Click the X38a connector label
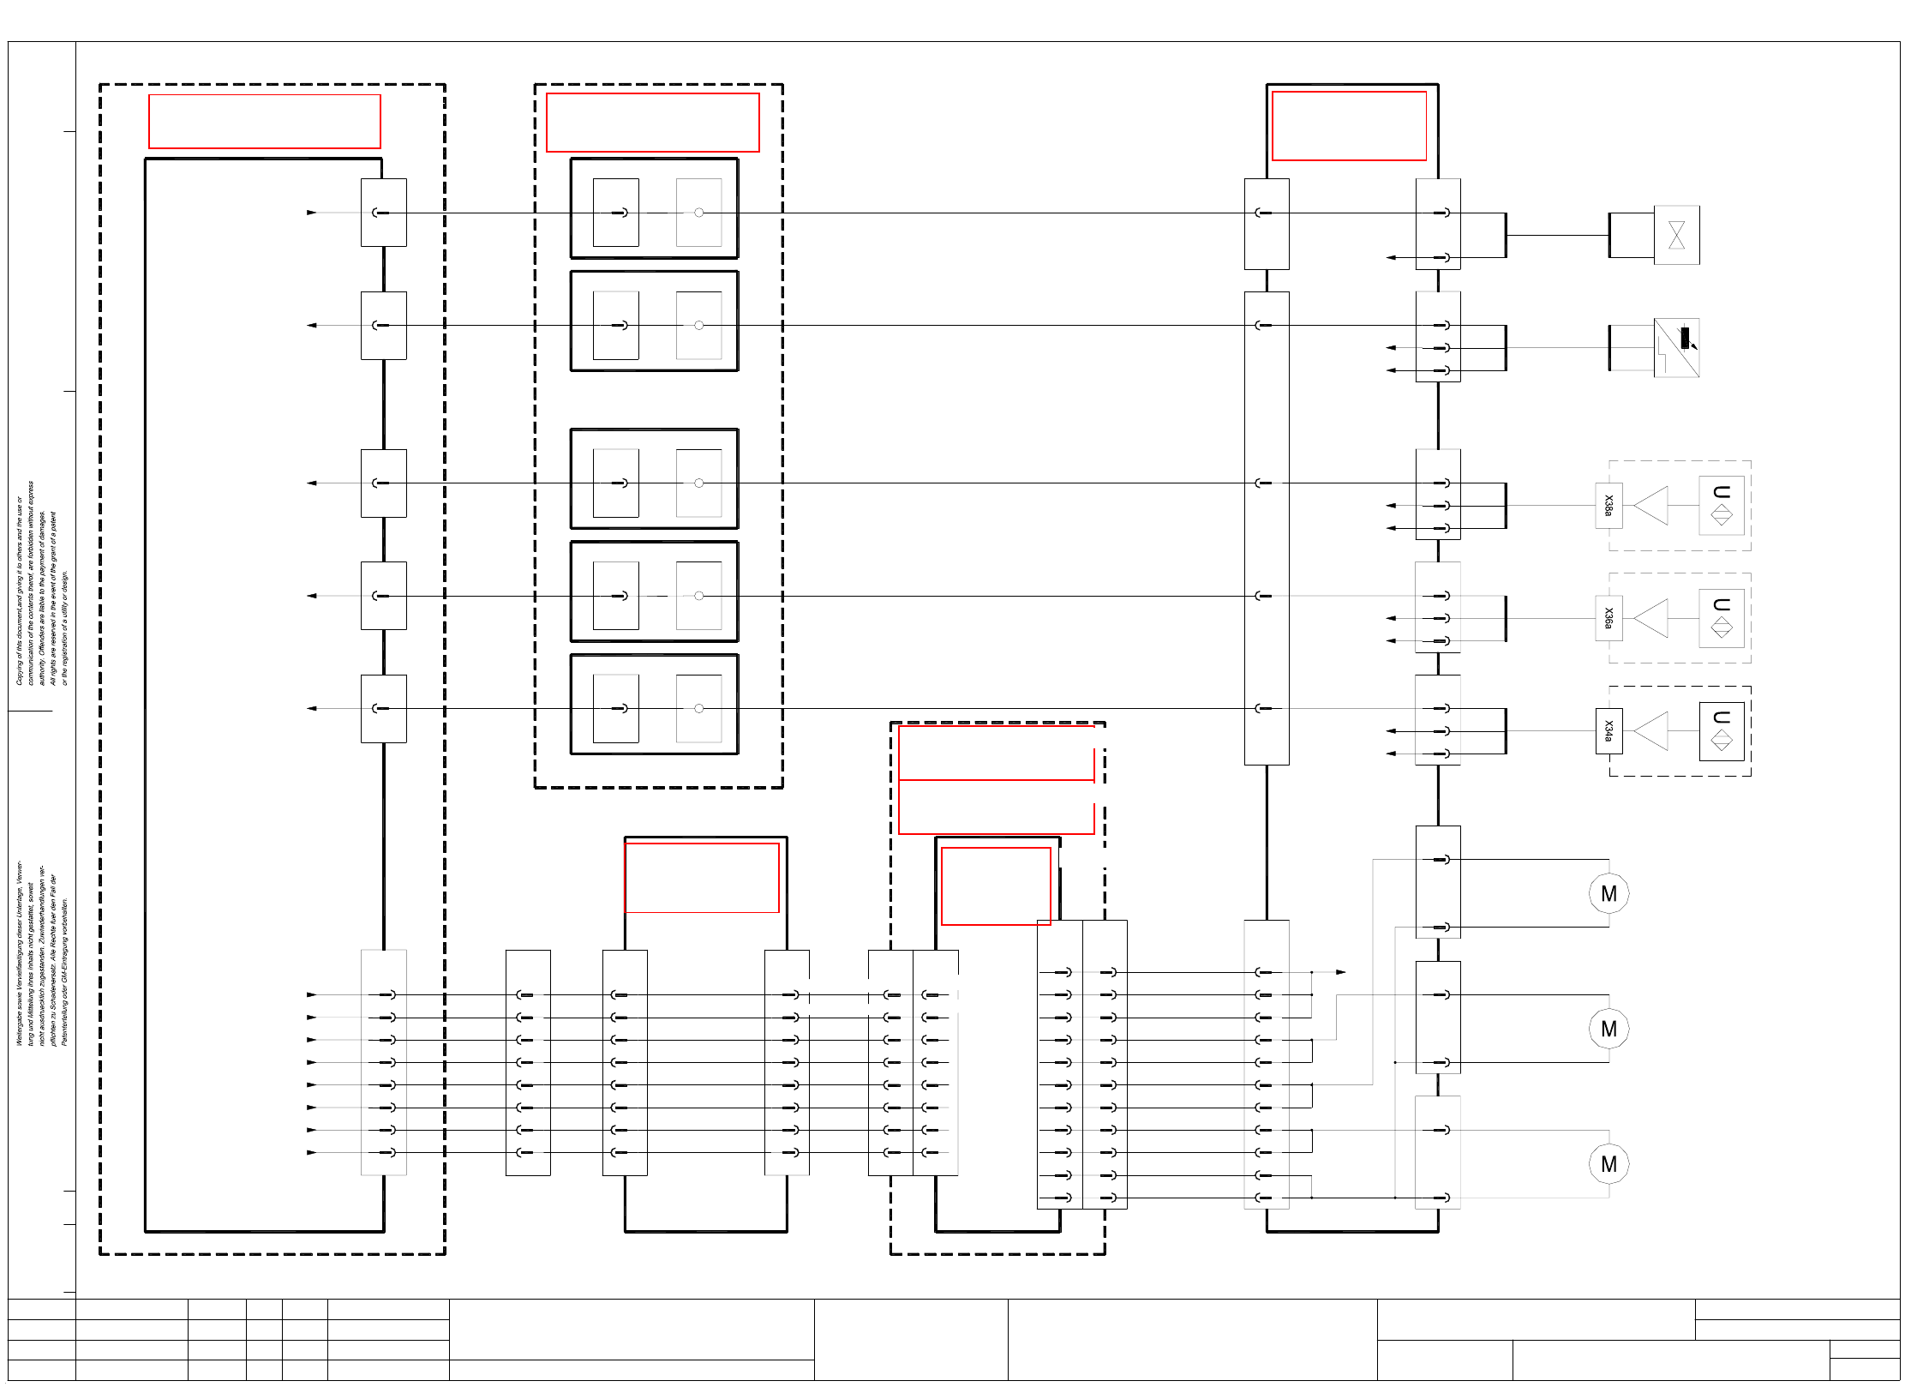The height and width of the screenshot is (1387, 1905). (1608, 506)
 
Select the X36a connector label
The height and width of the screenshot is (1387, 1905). (1608, 618)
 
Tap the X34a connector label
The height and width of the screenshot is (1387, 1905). (1608, 731)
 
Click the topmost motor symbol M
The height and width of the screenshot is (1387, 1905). (1608, 894)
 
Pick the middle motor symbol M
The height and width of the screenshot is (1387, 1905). (1608, 1029)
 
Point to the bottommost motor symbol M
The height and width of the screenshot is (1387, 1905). (1608, 1164)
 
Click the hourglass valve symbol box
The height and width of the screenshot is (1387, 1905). (1676, 235)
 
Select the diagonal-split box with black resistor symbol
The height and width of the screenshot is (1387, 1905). (1676, 347)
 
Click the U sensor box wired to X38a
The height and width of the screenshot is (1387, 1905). (1721, 506)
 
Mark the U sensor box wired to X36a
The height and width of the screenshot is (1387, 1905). (1721, 618)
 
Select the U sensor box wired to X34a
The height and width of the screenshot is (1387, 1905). (1721, 731)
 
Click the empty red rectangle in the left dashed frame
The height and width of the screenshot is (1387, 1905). (264, 122)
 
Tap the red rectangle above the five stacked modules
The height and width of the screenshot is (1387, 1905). (652, 123)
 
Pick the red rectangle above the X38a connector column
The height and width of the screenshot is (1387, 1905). (1349, 126)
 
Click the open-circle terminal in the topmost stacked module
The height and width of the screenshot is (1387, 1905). (699, 213)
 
